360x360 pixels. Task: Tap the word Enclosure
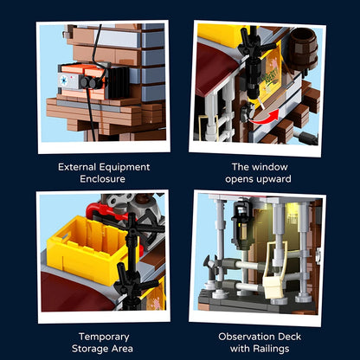(102, 179)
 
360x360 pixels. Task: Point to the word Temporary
(104, 337)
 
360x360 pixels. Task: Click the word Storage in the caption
(90, 349)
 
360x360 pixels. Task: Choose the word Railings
(271, 349)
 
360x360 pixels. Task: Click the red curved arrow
(264, 118)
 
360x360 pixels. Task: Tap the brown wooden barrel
(303, 48)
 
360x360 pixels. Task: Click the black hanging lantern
(241, 223)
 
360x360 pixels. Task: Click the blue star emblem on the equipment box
(65, 80)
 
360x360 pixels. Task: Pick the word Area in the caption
(122, 349)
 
